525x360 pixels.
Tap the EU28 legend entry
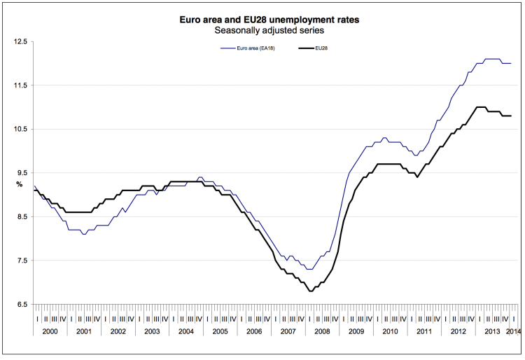pos(322,48)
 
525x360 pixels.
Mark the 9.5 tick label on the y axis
pos(20,173)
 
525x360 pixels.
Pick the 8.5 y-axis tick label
pos(20,217)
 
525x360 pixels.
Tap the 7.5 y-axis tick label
pos(20,261)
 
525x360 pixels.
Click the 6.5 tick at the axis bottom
pos(20,305)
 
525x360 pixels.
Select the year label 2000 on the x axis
pos(50,330)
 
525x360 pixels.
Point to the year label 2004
pos(187,330)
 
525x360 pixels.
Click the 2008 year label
pos(323,330)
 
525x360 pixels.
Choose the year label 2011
pos(424,330)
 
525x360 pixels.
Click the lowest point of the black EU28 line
pos(310,291)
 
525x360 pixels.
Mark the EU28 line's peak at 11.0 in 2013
pos(480,107)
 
